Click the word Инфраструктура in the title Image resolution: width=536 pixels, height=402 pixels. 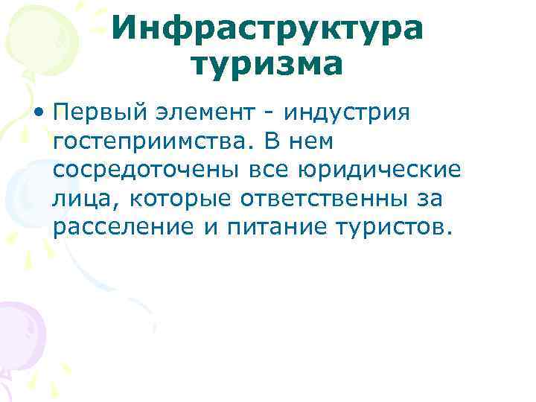[268, 29]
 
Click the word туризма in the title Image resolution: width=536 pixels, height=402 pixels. [268, 65]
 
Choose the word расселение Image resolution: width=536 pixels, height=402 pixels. [122, 227]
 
